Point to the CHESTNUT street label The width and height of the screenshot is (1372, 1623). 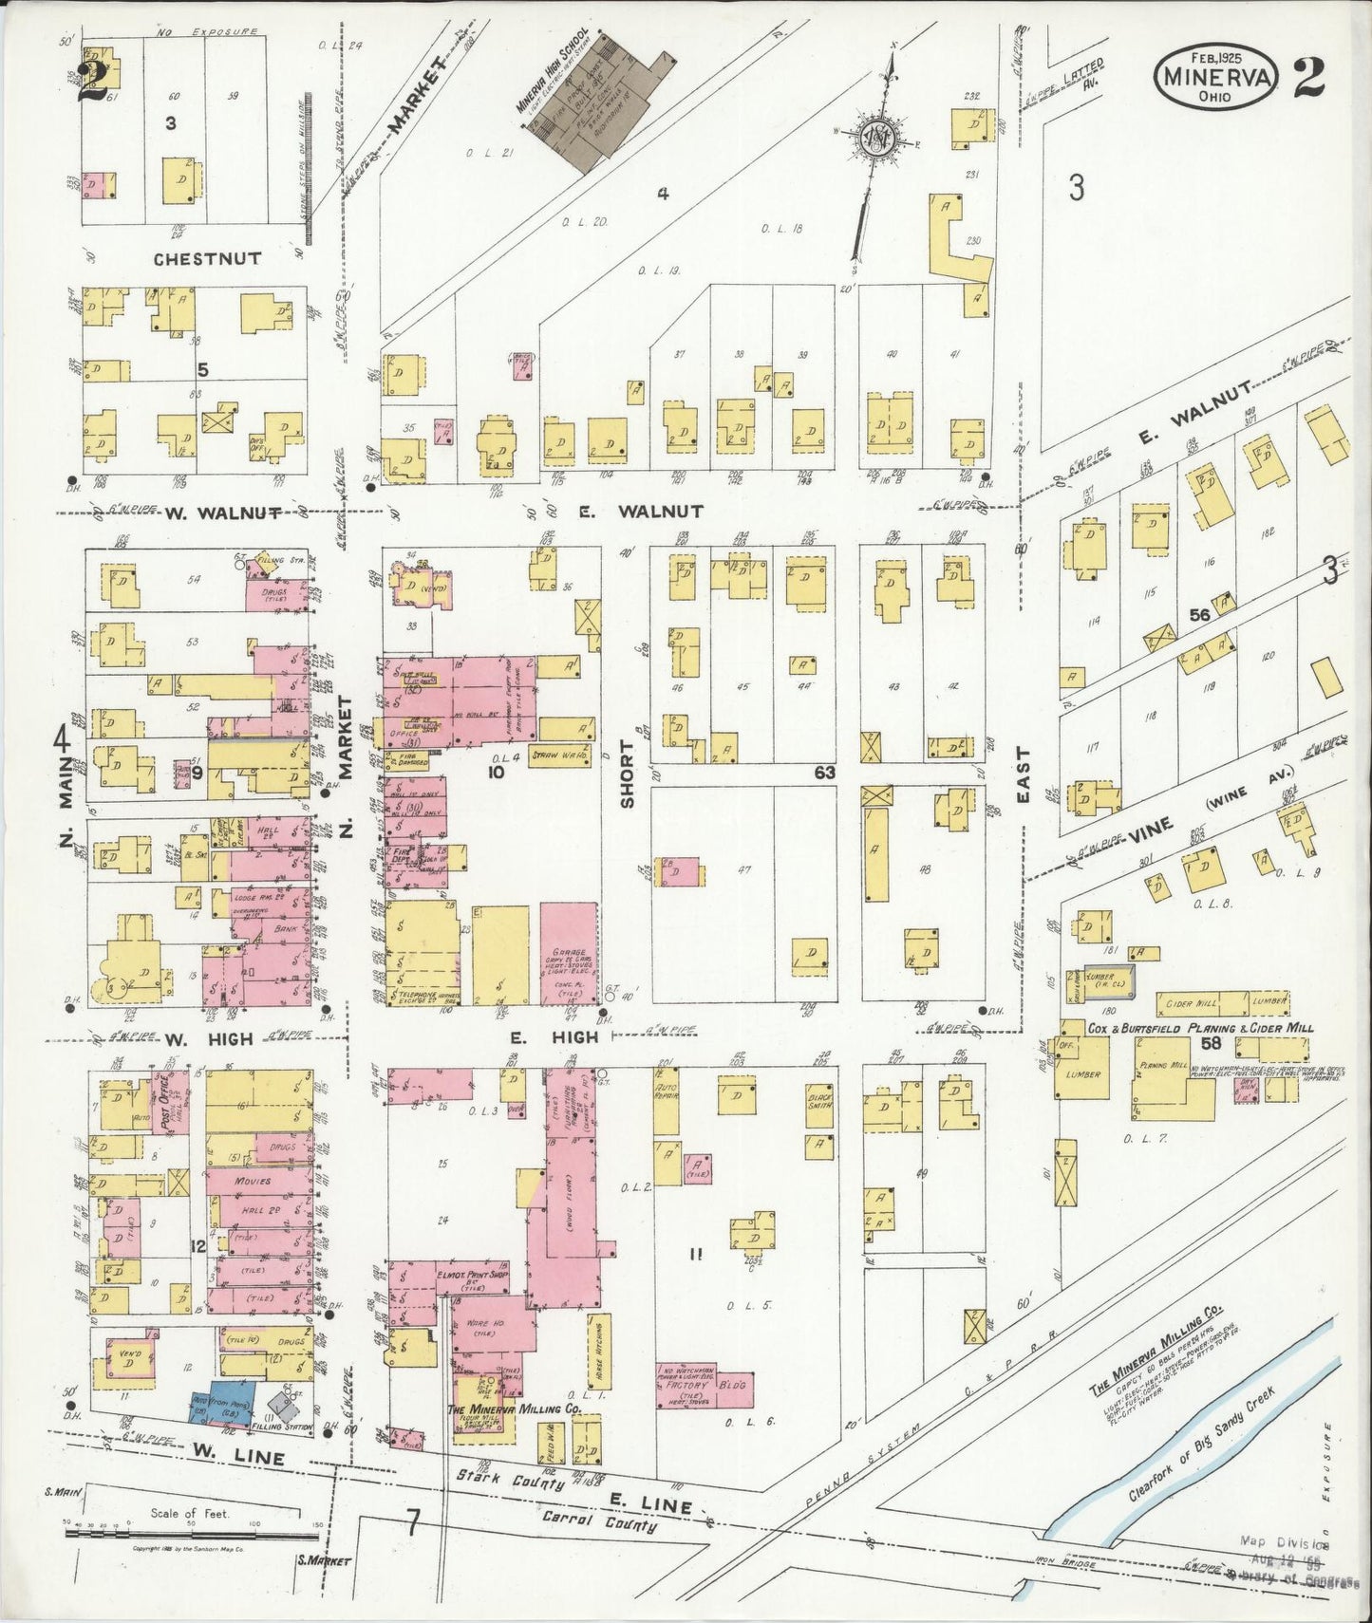click(x=208, y=258)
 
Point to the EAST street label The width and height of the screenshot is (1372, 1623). click(x=1024, y=774)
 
